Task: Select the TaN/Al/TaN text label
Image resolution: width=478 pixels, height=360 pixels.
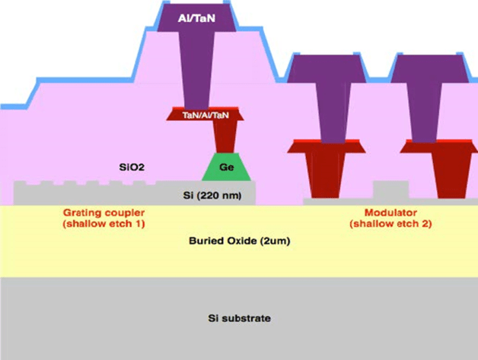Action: (204, 115)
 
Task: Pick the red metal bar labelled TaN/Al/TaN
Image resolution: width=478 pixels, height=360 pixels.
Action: (204, 115)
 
